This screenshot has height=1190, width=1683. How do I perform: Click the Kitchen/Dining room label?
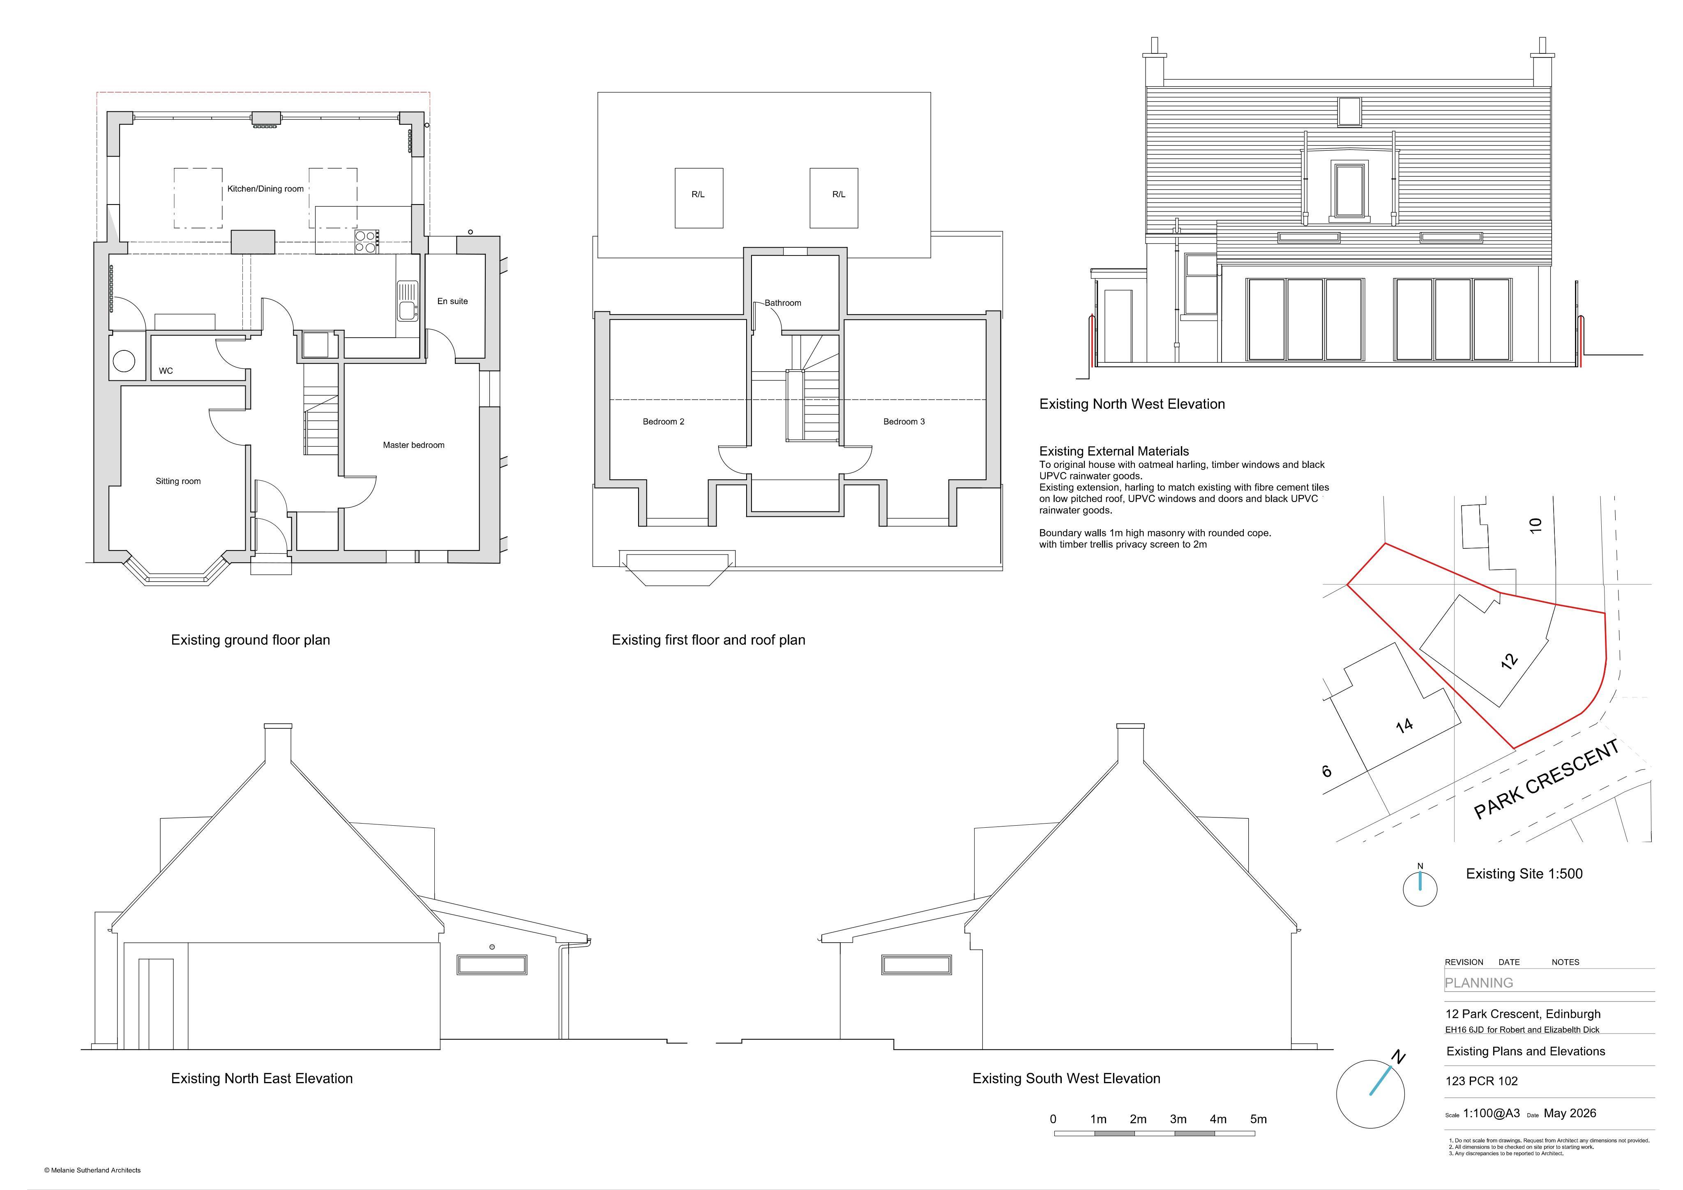click(x=265, y=189)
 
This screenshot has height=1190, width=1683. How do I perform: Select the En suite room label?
click(x=452, y=301)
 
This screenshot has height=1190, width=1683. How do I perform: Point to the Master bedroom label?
click(x=413, y=445)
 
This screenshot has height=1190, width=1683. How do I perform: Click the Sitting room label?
click(x=178, y=481)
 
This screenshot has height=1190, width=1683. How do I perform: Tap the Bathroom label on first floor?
click(x=783, y=303)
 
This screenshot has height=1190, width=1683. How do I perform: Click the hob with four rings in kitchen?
click(x=366, y=242)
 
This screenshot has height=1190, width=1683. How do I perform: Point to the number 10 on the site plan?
click(x=1535, y=525)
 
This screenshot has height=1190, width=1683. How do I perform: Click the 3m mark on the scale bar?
click(x=1178, y=1119)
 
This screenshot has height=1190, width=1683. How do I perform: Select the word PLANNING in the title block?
click(x=1478, y=983)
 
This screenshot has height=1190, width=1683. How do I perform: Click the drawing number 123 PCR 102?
click(x=1481, y=1081)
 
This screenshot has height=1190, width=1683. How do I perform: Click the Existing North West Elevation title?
click(x=1132, y=404)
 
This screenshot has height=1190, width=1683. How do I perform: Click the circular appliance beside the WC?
click(x=123, y=361)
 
